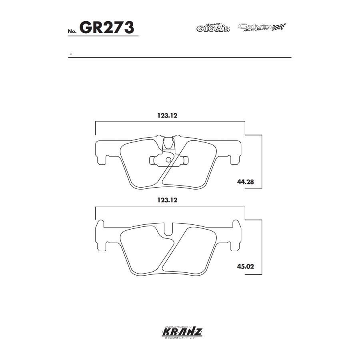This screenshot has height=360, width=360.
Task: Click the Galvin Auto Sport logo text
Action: point(255,27)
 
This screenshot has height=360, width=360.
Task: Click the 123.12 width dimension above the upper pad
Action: point(167,115)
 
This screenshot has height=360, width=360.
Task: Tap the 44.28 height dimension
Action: point(246,182)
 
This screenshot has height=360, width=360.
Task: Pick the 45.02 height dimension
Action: point(246,266)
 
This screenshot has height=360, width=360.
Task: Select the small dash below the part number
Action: point(70,54)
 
